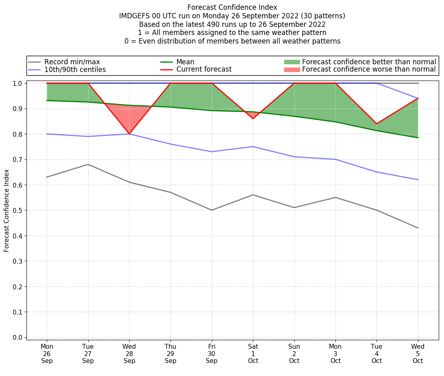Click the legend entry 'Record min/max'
(x=72, y=62)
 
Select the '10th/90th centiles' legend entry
(x=75, y=70)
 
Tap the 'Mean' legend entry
(x=185, y=62)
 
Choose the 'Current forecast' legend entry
(x=204, y=70)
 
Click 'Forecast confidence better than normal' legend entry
(x=369, y=62)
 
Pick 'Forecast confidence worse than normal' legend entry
(x=369, y=70)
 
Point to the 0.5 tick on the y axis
(x=18, y=210)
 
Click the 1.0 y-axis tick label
(x=18, y=83)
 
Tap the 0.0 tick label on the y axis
(x=18, y=337)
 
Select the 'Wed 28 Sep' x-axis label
(x=129, y=354)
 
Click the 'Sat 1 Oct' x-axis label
(x=253, y=354)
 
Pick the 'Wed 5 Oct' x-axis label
(x=418, y=354)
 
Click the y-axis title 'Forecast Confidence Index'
(x=7, y=210)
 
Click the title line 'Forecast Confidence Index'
(x=232, y=7)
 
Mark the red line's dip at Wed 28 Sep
(x=129, y=134)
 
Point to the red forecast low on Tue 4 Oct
(x=377, y=124)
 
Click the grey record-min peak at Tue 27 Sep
(x=88, y=164)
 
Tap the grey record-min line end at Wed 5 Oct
(x=418, y=228)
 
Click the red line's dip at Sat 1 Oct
(x=253, y=118)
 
